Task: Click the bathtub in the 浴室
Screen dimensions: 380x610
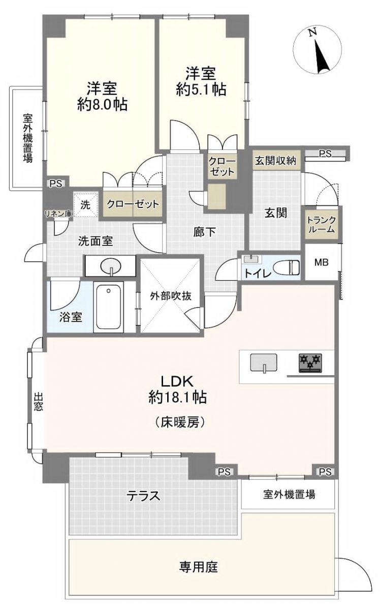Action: coord(108,307)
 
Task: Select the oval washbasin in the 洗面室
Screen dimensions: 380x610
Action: coord(111,266)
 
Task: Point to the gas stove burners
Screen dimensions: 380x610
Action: coord(310,363)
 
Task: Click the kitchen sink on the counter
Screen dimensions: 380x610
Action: coord(264,362)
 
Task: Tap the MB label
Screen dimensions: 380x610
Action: coord(321,262)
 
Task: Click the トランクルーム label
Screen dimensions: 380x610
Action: coord(321,224)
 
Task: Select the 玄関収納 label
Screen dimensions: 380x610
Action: coord(275,161)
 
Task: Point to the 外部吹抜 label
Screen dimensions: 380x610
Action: coord(171,296)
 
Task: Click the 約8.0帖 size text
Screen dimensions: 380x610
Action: coord(102,105)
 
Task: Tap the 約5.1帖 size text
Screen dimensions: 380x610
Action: coord(201,89)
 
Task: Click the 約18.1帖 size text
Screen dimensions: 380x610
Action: coord(177,397)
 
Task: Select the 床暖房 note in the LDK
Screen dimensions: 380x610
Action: coord(179,422)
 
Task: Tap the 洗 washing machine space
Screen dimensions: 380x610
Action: coord(85,205)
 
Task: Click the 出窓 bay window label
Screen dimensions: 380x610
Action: coord(38,402)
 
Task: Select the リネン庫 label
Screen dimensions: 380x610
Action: coord(58,214)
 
